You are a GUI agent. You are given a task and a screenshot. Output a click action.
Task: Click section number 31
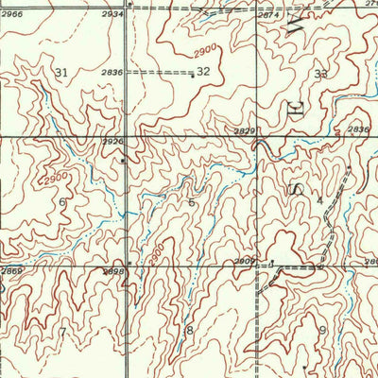coord(62,73)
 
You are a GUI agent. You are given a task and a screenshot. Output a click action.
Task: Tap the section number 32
coord(203,72)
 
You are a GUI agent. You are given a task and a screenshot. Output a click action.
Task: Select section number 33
coord(321,74)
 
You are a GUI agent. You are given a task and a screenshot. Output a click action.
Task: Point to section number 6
coord(62,202)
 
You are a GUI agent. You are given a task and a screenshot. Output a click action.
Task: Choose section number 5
coord(192,202)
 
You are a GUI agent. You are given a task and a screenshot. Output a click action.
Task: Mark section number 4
coord(320,200)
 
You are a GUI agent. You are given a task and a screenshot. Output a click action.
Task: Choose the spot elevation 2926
coord(114,143)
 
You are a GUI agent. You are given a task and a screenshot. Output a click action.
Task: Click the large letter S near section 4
coord(295,190)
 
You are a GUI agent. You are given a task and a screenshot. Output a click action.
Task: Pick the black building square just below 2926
coord(124,161)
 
